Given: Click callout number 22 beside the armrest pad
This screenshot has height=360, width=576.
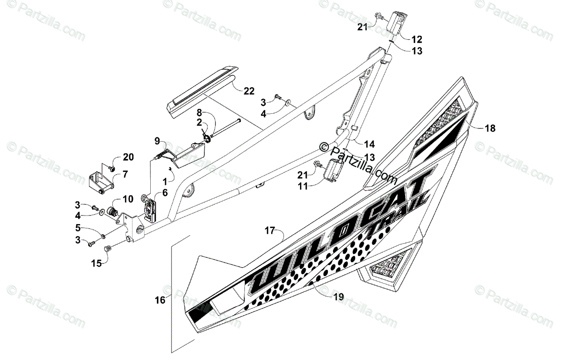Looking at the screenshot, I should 249,91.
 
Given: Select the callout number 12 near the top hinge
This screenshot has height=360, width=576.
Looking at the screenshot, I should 416,38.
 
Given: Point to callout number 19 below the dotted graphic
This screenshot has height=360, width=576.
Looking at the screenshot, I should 338,297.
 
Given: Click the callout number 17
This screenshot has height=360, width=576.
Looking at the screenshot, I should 270,231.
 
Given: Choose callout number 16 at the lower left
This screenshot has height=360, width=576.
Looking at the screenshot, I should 160,300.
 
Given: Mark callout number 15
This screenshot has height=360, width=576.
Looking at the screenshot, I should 97,263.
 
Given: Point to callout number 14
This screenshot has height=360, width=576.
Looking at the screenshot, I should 369,144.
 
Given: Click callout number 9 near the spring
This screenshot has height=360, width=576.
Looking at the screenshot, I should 157,141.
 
